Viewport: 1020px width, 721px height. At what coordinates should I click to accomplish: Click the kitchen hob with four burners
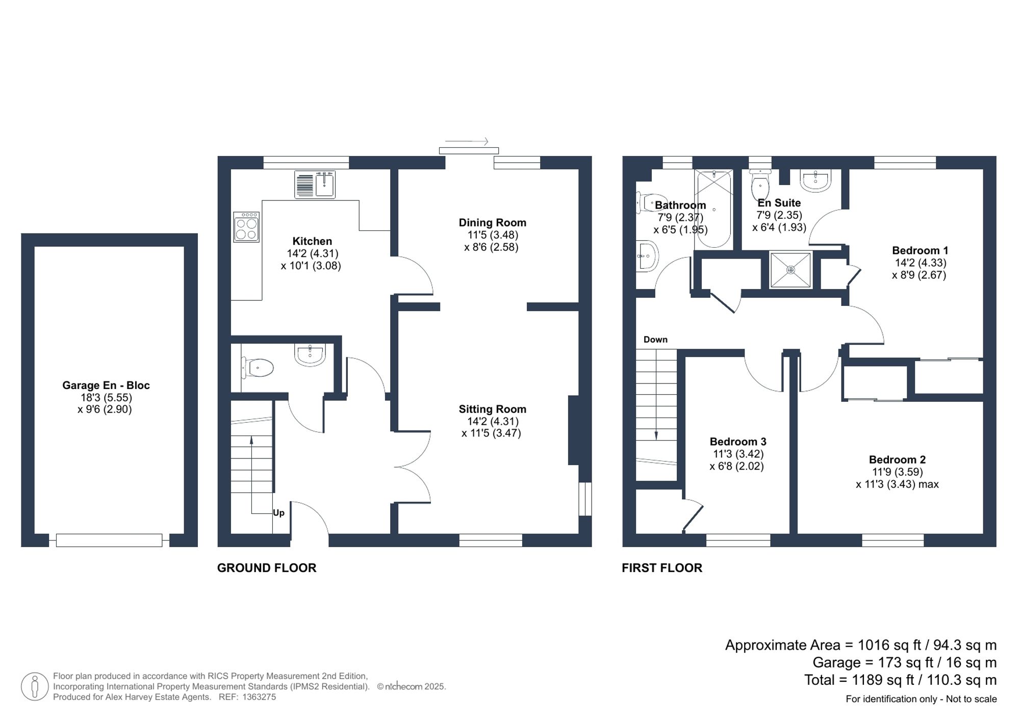tap(246, 227)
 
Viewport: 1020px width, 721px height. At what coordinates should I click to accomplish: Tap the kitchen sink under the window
tap(315, 185)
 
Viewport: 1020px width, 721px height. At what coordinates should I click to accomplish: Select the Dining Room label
tap(492, 223)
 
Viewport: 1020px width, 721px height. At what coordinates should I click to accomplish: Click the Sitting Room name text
tap(492, 409)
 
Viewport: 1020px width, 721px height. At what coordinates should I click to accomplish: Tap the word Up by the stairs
tap(278, 513)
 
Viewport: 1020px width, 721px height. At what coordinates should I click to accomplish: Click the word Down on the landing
tap(655, 340)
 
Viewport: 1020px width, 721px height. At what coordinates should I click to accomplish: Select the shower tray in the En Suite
tap(790, 270)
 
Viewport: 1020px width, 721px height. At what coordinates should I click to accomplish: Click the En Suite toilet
tap(760, 186)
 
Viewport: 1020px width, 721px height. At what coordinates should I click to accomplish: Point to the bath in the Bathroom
tap(713, 209)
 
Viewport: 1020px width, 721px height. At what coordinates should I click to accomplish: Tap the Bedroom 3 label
tap(737, 442)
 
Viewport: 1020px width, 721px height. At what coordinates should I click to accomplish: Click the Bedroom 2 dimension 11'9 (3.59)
tap(897, 472)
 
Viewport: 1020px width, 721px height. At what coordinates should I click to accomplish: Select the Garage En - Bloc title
tap(106, 385)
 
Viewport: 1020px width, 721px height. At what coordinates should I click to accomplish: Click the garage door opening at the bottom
tap(109, 540)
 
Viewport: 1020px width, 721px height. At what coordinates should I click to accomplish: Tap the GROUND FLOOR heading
tap(266, 568)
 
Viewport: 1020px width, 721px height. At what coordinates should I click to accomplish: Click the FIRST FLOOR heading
tap(661, 568)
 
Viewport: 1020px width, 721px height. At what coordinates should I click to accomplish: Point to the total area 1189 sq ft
tap(900, 680)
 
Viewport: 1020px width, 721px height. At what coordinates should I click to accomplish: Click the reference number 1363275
tap(259, 697)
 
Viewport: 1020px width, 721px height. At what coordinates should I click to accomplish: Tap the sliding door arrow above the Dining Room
tap(467, 141)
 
